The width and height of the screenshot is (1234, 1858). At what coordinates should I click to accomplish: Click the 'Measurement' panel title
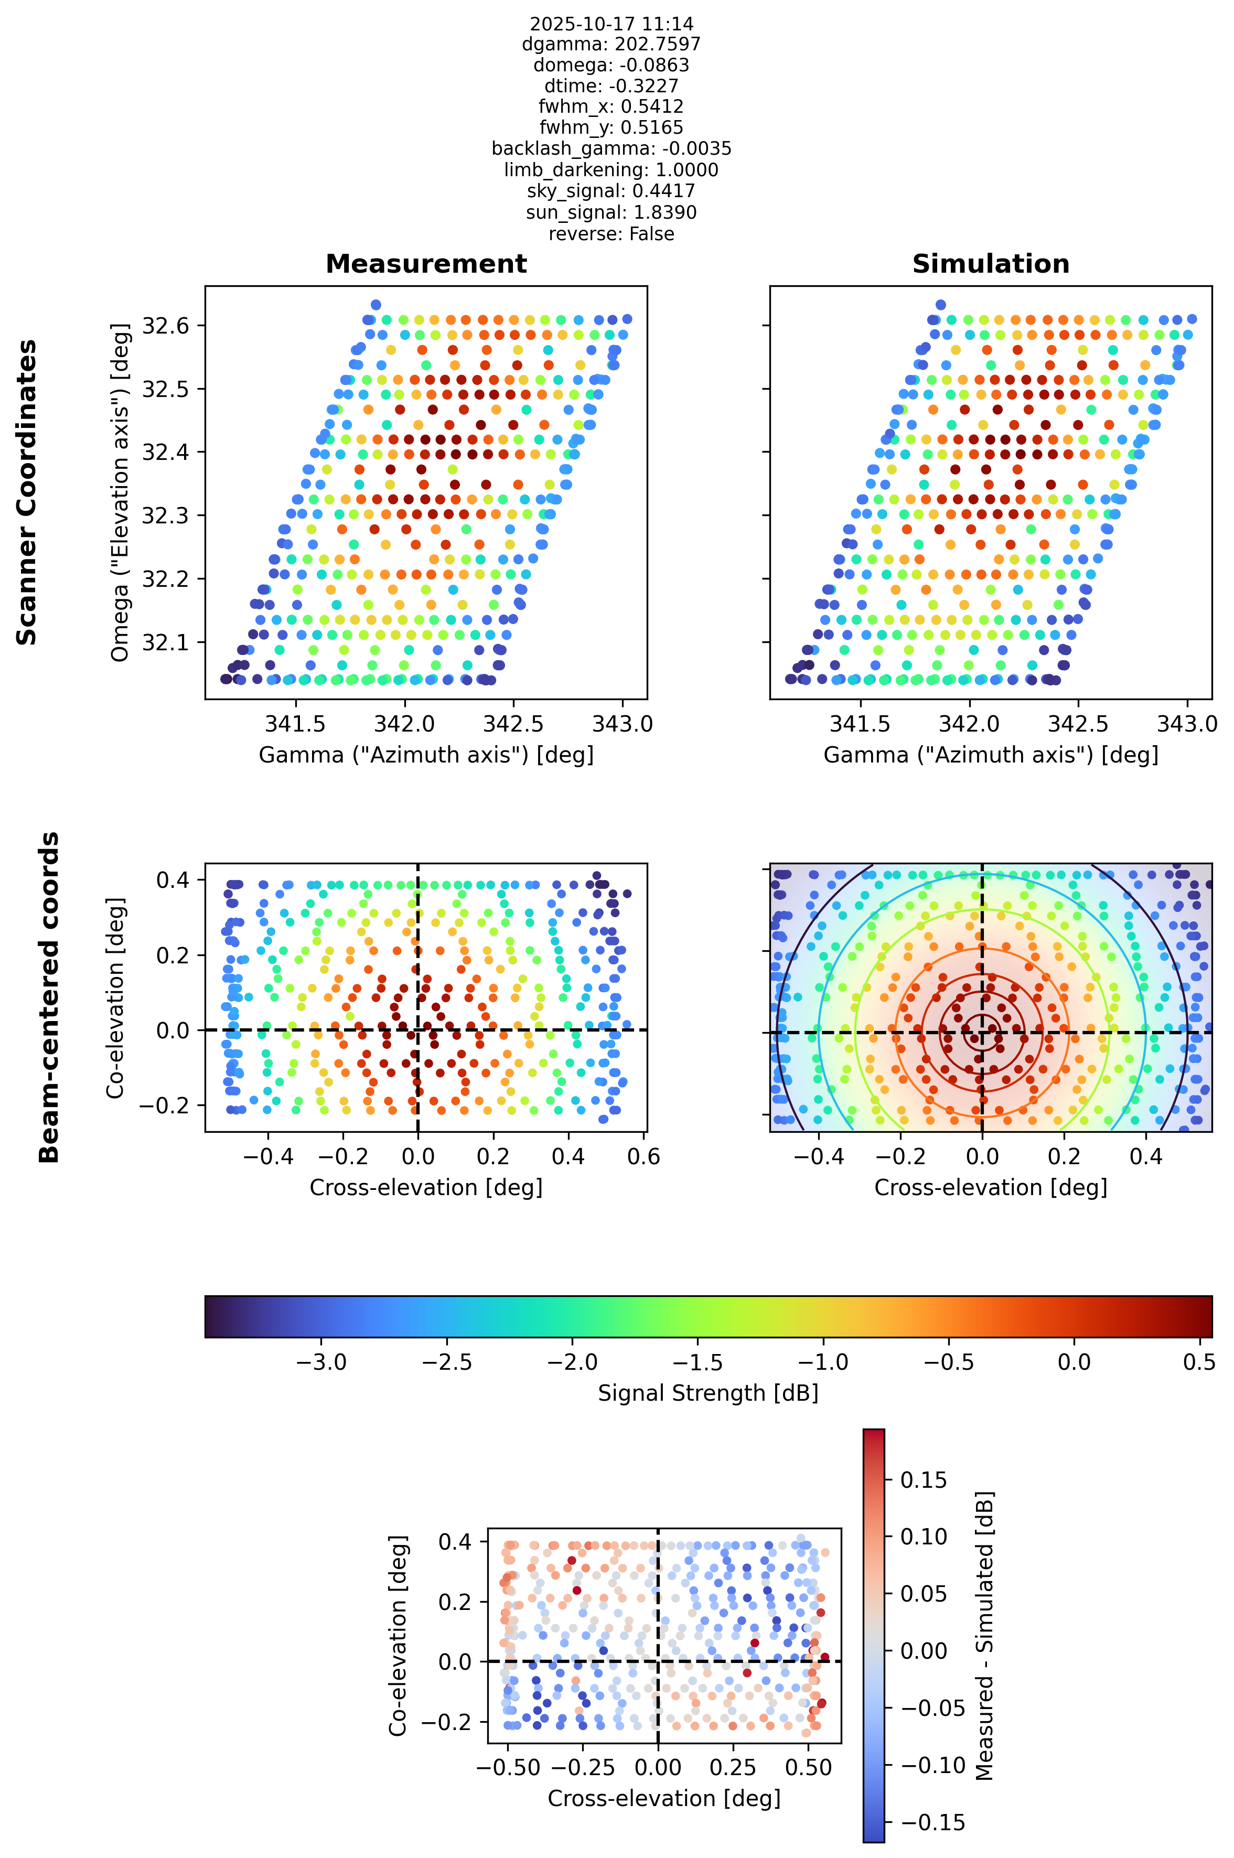tap(426, 264)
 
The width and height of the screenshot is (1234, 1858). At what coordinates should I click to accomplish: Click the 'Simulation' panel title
tap(991, 264)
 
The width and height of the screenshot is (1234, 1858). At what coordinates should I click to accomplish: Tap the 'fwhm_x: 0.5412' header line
tap(611, 106)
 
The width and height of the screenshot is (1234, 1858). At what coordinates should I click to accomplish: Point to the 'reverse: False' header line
tap(611, 234)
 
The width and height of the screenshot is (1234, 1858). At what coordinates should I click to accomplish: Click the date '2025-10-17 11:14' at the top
tap(611, 24)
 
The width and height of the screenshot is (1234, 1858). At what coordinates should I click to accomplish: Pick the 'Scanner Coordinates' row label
tap(27, 492)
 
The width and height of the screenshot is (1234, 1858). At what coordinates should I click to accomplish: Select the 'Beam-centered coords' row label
tap(49, 997)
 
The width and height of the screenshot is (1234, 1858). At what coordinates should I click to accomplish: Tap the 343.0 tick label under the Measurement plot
tap(623, 724)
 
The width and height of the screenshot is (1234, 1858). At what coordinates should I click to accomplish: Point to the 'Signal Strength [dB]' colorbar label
tap(709, 1393)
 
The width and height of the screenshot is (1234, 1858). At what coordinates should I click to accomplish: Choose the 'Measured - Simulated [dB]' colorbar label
tap(984, 1636)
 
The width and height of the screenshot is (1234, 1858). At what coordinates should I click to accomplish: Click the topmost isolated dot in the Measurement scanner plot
tap(376, 305)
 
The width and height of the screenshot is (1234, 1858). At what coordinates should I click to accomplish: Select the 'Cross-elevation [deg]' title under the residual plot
tap(664, 1799)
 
